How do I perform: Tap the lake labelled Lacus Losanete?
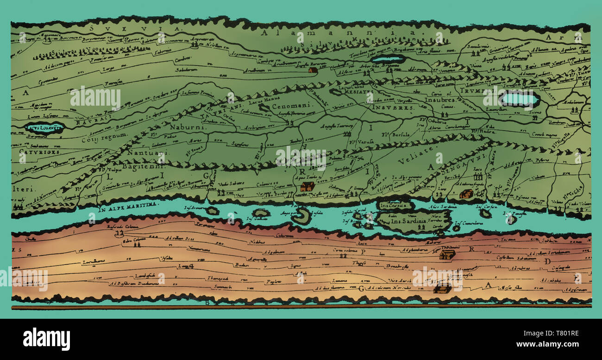(x=44, y=127)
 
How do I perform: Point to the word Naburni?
(x=184, y=127)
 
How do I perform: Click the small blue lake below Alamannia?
(x=388, y=59)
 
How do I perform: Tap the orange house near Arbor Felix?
(x=313, y=70)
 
